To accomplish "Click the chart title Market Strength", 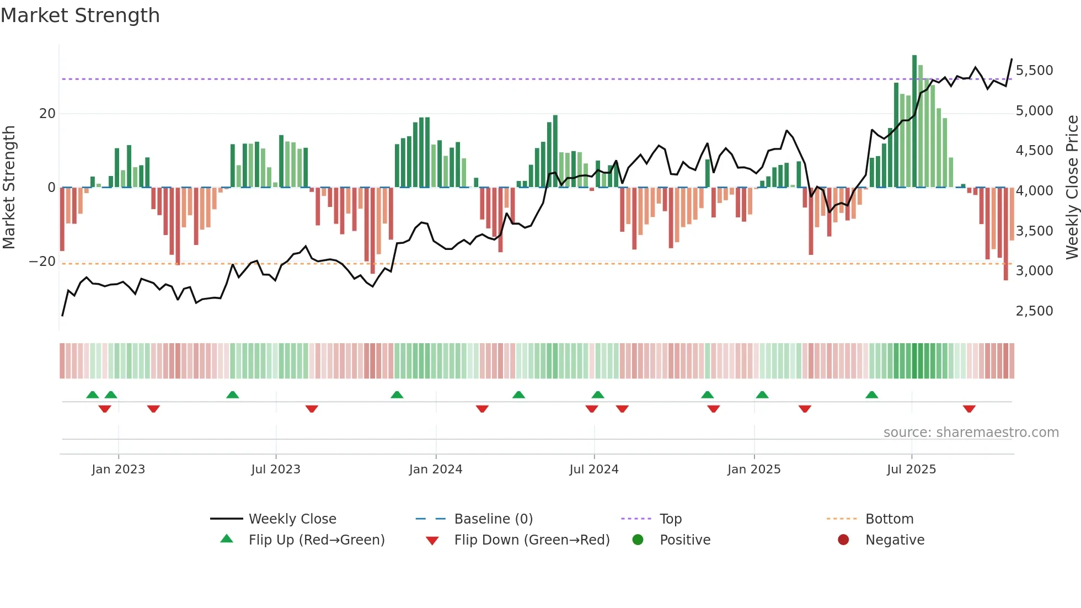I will [80, 15].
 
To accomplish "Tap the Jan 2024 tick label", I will [436, 470].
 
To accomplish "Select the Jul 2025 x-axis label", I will [911, 470].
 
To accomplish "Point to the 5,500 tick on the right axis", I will [1034, 71].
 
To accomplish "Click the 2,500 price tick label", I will [1034, 311].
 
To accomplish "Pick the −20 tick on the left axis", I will [42, 262].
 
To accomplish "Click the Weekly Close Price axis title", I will [1072, 188].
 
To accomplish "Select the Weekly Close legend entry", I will [292, 519].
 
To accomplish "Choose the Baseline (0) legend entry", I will [493, 519].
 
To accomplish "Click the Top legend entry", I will [671, 519].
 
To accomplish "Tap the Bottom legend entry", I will [889, 519].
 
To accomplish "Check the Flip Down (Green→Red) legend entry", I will [532, 540].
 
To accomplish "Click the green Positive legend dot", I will [638, 540].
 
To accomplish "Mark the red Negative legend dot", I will [843, 540].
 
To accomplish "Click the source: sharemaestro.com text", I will [971, 433].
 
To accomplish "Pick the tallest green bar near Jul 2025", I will [914, 121].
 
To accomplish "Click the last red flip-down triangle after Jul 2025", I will [969, 409].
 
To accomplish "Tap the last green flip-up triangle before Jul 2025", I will [871, 394].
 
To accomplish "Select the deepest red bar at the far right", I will [1005, 234].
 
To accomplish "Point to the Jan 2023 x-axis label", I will [118, 470].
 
